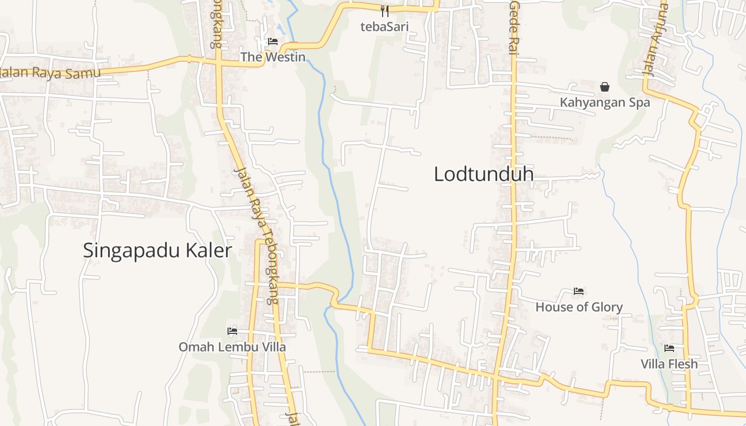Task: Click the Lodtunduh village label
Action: pos(483,174)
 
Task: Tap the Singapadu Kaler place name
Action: pos(157,251)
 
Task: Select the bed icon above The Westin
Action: pos(273,41)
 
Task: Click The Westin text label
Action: pos(273,57)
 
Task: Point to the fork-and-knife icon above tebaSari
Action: pos(385,11)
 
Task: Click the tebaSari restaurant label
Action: pos(385,26)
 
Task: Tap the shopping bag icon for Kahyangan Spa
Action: pos(605,86)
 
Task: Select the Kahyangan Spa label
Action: pos(605,102)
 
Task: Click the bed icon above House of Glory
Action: pos(579,291)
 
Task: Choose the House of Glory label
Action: pos(579,307)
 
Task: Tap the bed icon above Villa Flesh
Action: pos(669,348)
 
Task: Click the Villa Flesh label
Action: pos(669,364)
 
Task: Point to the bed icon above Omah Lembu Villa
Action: pos(232,331)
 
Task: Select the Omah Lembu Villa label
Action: pos(232,347)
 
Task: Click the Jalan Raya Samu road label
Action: pos(51,72)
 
